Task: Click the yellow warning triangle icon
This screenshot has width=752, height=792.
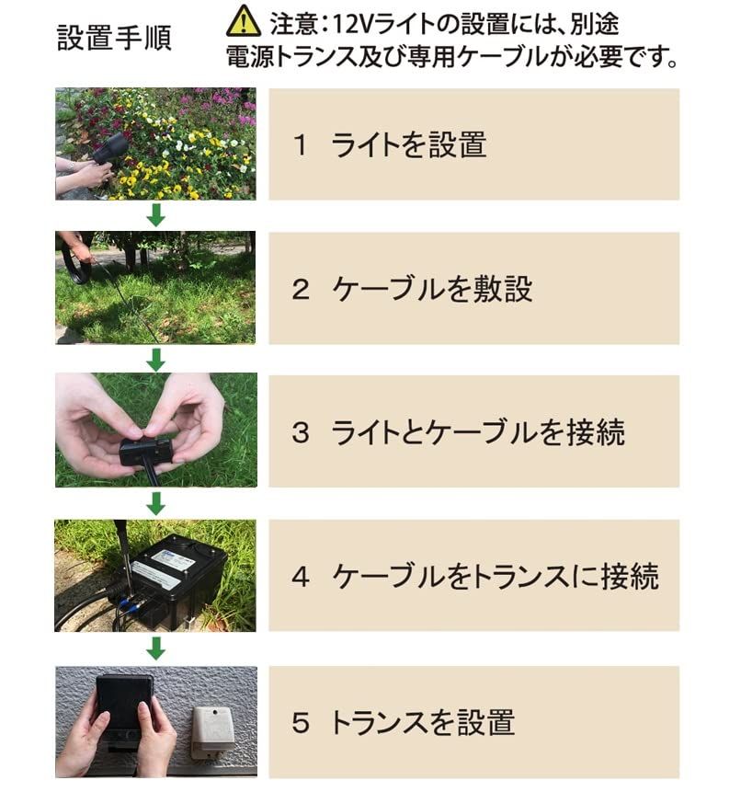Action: tap(244, 20)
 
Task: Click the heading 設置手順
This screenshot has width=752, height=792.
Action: tap(114, 38)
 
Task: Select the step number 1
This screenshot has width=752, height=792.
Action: tap(300, 144)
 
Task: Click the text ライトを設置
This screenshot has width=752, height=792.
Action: tap(408, 144)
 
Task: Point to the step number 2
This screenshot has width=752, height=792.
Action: tap(300, 289)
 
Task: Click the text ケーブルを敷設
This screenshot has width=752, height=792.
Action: tap(432, 289)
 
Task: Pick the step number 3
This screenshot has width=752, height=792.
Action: tap(300, 432)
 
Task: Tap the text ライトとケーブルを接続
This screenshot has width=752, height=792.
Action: tap(478, 432)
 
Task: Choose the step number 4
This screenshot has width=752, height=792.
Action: tap(300, 577)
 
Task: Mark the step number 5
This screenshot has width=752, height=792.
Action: tap(300, 722)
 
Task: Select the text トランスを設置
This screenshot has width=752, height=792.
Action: tap(422, 722)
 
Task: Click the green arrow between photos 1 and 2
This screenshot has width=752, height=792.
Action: tap(156, 215)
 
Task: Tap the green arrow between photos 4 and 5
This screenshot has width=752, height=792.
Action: tap(156, 649)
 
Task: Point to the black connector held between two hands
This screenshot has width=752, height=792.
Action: tap(145, 451)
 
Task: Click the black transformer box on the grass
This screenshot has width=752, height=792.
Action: tap(175, 575)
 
